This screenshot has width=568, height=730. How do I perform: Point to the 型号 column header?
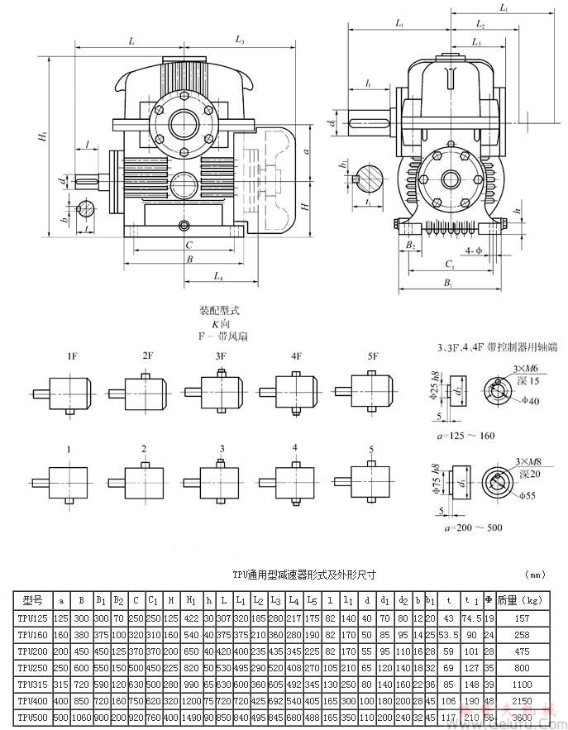click(32, 600)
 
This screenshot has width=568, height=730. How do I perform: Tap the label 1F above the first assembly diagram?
click(72, 356)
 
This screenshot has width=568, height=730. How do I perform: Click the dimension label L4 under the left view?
click(219, 275)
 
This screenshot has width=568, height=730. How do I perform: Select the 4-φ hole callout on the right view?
click(475, 249)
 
